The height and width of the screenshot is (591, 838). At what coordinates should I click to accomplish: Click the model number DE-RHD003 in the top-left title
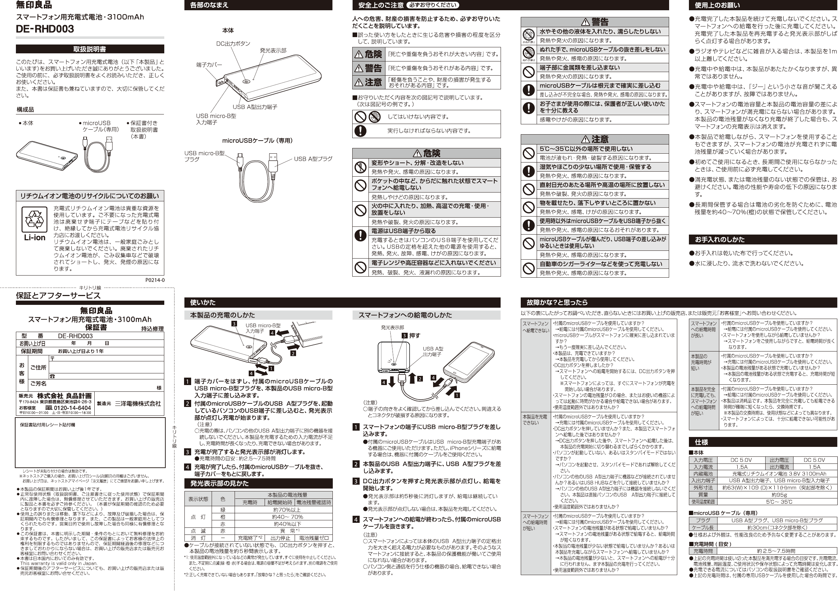click(45, 29)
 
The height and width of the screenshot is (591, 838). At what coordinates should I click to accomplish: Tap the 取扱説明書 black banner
click(90, 49)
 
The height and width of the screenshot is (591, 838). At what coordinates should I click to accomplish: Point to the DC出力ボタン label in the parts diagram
click(233, 44)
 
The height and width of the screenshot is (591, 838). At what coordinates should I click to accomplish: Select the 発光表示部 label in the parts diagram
click(273, 51)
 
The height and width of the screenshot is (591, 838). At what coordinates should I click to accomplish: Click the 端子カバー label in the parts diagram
click(209, 65)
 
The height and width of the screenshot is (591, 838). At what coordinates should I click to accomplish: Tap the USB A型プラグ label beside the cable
click(313, 159)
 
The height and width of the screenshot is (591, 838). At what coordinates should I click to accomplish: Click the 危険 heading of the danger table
click(426, 153)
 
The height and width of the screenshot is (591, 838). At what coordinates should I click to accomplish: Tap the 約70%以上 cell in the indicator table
click(287, 510)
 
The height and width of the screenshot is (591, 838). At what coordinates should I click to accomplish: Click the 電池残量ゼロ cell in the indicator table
click(314, 538)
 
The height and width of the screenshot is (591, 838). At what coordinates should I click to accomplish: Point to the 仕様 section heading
click(701, 442)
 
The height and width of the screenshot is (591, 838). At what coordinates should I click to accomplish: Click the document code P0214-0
click(155, 280)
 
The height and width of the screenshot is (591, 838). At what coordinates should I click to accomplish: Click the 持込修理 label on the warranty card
click(152, 329)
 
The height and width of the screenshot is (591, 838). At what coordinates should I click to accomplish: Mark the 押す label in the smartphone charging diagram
click(415, 336)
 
